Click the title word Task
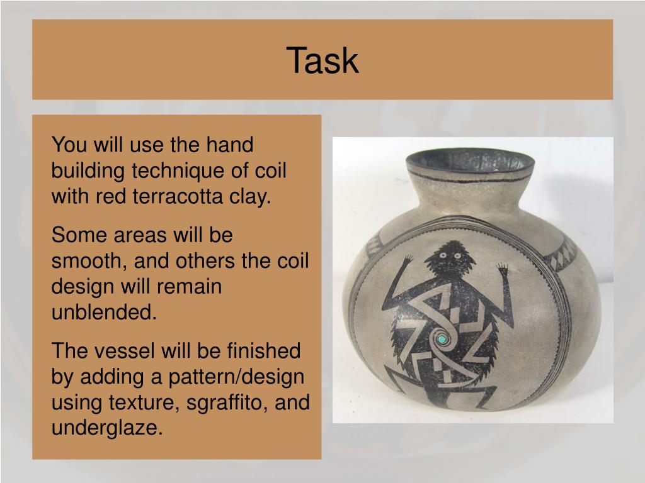(x=322, y=61)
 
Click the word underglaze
(x=103, y=428)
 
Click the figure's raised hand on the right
(x=505, y=272)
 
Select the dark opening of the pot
(x=469, y=163)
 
